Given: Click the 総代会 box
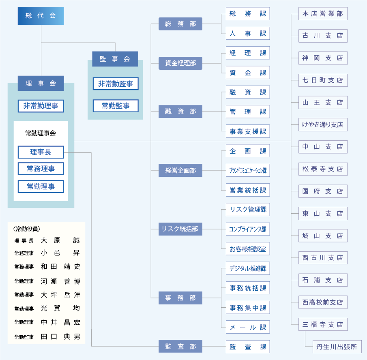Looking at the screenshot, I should coord(41,16).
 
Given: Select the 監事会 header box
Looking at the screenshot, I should coord(115,59).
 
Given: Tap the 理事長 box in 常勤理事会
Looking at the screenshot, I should coord(41,152).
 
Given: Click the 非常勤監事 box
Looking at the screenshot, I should coord(115,84).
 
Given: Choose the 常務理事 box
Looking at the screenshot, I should coord(41,169).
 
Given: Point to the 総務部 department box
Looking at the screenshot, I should coord(180,24).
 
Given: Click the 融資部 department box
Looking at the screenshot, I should coord(180,111).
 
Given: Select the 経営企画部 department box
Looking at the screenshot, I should coord(180,171).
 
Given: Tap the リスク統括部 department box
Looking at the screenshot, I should coord(180,229).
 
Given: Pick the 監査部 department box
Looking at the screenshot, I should coord(180,347).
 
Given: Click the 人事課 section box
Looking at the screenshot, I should coord(248,33).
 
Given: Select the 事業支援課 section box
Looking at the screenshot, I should coord(248,131).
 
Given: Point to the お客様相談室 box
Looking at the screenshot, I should coord(248,249).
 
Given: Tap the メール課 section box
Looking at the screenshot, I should coord(248,327).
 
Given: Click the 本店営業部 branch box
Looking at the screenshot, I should coord(323,14).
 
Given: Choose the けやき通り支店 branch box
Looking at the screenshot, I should coord(323,125).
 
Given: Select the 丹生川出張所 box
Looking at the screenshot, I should coord(337,347).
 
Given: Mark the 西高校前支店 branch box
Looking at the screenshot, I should coord(323,302).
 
